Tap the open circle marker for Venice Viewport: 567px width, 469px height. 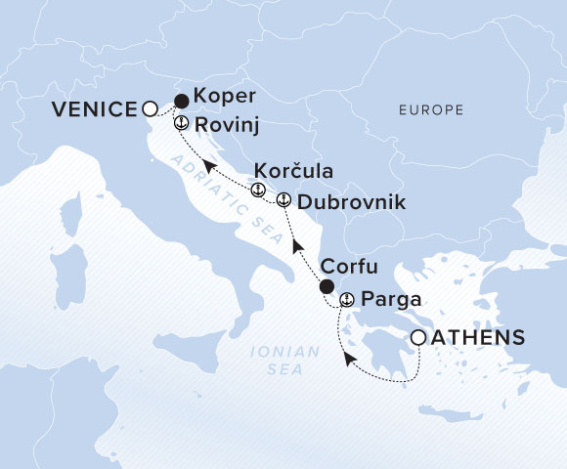point(150,109)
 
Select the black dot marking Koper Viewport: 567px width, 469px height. point(181,100)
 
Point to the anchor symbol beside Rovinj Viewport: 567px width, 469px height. point(180,124)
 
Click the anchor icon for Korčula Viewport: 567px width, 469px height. point(258,190)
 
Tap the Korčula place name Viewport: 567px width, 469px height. point(292,170)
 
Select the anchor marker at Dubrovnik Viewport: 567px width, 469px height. point(283,200)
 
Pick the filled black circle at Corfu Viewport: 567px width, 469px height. point(327,286)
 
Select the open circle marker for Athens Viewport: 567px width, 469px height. point(418,337)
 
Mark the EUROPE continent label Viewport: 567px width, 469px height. point(431,110)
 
